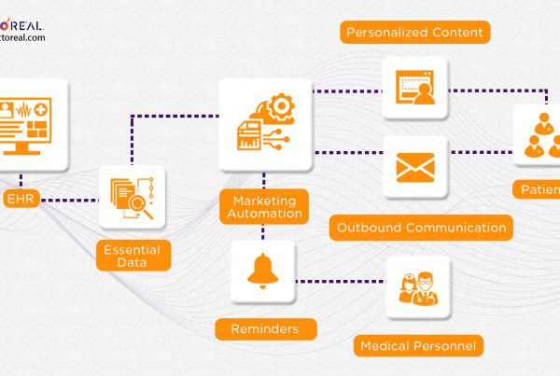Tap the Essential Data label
132,255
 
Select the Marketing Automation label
264,206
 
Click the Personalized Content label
414,33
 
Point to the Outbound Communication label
422,227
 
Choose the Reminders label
265,329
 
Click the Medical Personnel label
418,347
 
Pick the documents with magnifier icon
132,197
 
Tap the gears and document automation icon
264,122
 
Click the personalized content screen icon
415,88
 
